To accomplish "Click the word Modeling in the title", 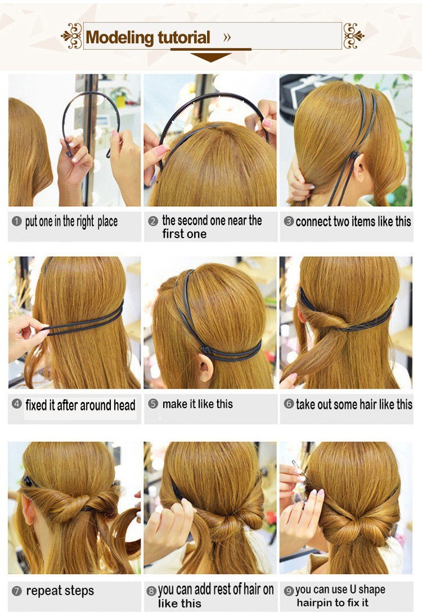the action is pyautogui.click(x=119, y=38).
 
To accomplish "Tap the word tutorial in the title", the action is pyautogui.click(x=183, y=38).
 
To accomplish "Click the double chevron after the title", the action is pyautogui.click(x=227, y=38).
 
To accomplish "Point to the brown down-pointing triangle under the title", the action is pyautogui.click(x=211, y=57).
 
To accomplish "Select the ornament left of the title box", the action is pyautogui.click(x=71, y=36).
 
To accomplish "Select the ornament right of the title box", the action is pyautogui.click(x=354, y=36).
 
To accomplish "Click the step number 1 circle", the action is pyautogui.click(x=16, y=221).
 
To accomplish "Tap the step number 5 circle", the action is pyautogui.click(x=153, y=404).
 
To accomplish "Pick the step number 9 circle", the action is pyautogui.click(x=289, y=591).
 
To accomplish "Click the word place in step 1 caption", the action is pyautogui.click(x=107, y=222).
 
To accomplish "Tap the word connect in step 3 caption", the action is pyautogui.click(x=311, y=222).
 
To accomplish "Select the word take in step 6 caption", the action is pyautogui.click(x=306, y=405).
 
